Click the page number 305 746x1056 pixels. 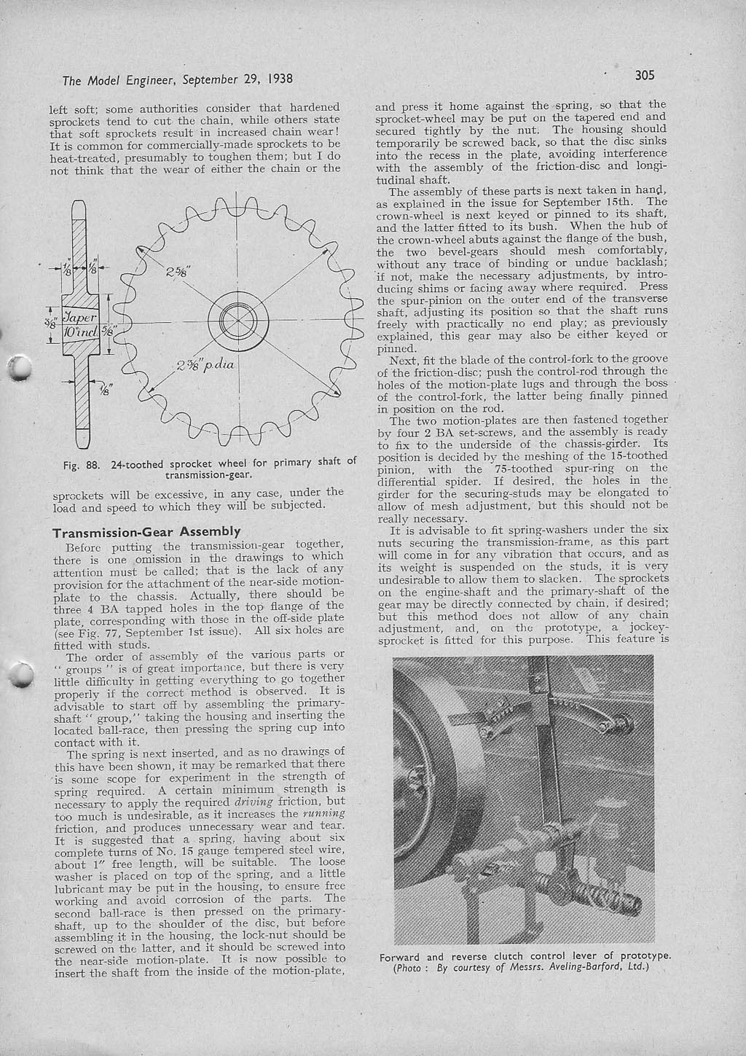pos(645,76)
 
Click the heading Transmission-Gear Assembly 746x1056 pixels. pos(146,532)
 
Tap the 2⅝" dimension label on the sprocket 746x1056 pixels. pos(177,272)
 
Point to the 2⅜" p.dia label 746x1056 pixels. pos(205,365)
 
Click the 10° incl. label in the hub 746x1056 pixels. pos(81,332)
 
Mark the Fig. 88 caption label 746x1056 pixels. pos(82,465)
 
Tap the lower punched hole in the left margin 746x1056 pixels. pos(20,674)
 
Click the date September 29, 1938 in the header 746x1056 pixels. pos(237,79)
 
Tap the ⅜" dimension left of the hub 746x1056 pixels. pos(55,324)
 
